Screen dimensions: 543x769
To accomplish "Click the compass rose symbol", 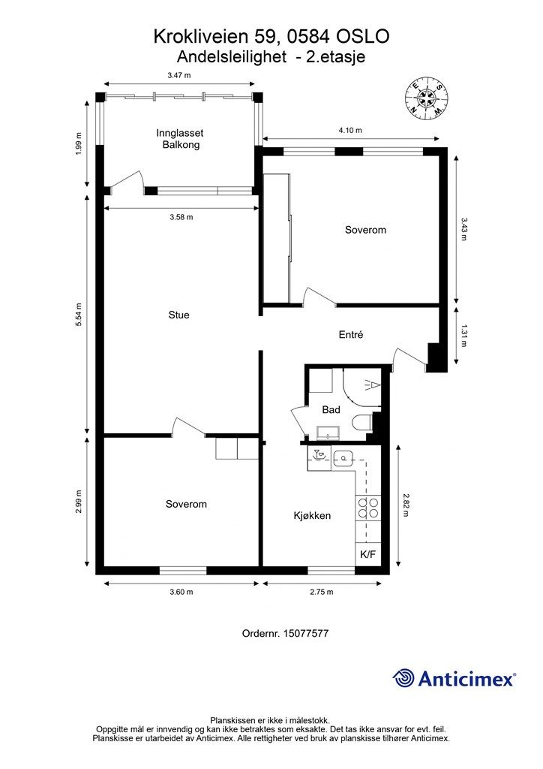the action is point(427,98).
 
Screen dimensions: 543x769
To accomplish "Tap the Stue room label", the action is point(178,315).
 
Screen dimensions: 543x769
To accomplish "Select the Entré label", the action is point(351,334).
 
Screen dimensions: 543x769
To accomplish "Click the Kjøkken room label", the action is point(312,515).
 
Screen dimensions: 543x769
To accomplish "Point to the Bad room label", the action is point(331,409).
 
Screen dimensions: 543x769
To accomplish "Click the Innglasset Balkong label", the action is point(180,139).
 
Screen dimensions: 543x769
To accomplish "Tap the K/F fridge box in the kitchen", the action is point(367,554).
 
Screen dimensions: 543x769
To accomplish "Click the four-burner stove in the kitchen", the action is point(368,508).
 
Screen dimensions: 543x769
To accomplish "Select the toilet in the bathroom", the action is point(362,422).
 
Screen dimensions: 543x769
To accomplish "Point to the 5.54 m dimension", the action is point(79,315).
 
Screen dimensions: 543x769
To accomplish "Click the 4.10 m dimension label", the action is point(350,131).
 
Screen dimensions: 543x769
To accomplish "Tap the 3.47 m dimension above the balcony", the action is point(178,76).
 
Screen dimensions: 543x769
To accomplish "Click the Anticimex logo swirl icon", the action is point(403,678).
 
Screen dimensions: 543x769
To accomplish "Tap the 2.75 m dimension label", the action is point(322,592).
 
